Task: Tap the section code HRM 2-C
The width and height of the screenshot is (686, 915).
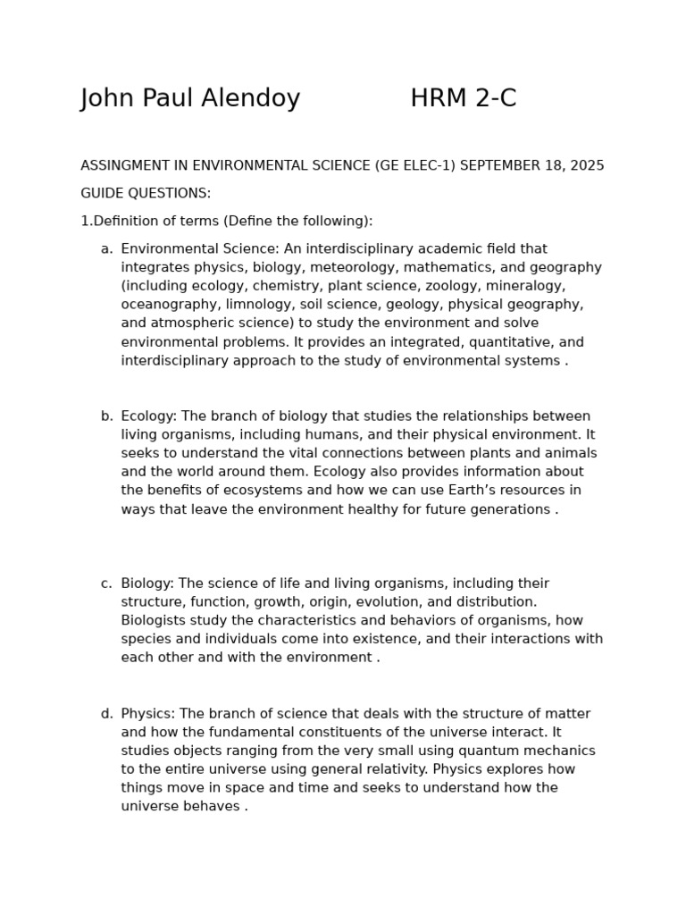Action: pyautogui.click(x=463, y=99)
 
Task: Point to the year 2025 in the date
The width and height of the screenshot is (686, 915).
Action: pyautogui.click(x=587, y=166)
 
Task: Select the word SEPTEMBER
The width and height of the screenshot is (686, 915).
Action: pyautogui.click(x=498, y=166)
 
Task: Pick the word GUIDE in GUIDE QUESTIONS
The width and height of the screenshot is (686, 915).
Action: pyautogui.click(x=101, y=194)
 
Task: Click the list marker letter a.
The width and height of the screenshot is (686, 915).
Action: pyautogui.click(x=106, y=249)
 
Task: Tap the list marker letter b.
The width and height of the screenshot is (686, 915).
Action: pyautogui.click(x=106, y=416)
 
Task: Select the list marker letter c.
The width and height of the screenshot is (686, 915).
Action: pyautogui.click(x=106, y=583)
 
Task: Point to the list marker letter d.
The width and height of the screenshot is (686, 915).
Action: pyautogui.click(x=106, y=714)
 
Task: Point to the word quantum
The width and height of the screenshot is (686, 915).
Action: pyautogui.click(x=481, y=751)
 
